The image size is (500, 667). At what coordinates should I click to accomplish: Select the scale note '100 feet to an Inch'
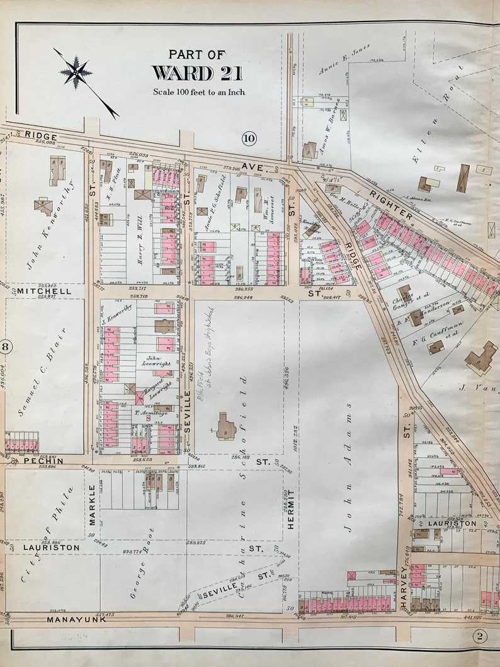pyautogui.click(x=199, y=92)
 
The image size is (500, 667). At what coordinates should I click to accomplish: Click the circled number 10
pyautogui.click(x=249, y=138)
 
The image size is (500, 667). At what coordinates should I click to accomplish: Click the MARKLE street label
pyautogui.click(x=92, y=505)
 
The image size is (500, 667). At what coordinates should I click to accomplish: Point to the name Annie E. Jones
pyautogui.click(x=345, y=61)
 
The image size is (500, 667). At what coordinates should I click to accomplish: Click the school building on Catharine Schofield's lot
pyautogui.click(x=225, y=427)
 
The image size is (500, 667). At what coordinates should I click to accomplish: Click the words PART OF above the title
pyautogui.click(x=196, y=55)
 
